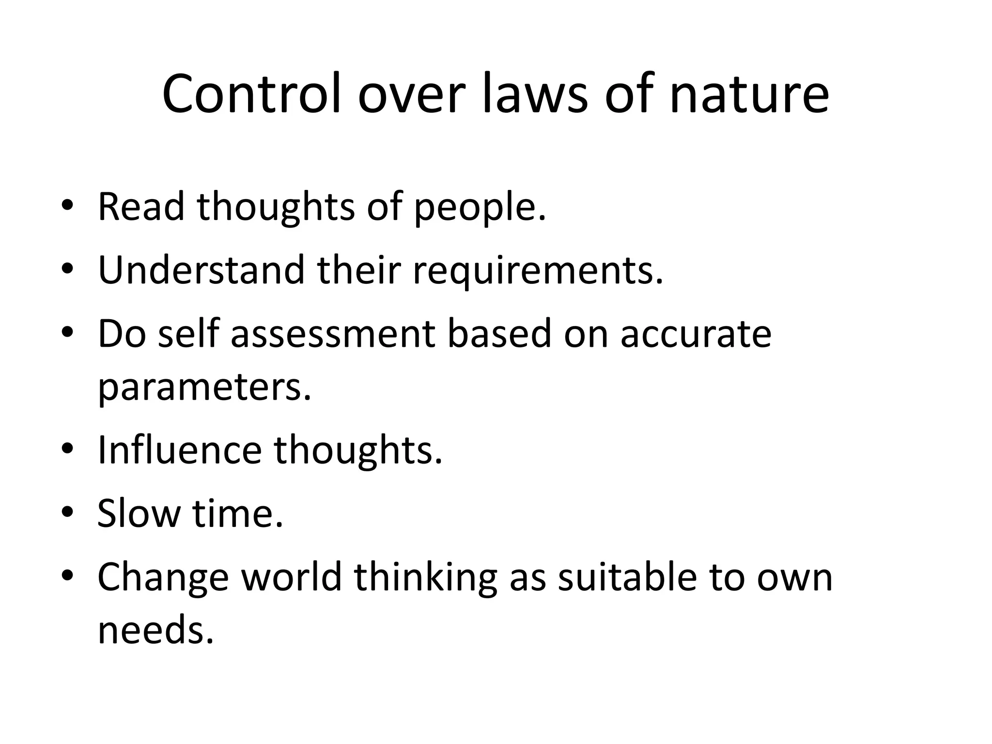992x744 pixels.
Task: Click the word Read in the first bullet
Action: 141,207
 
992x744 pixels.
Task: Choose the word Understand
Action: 201,270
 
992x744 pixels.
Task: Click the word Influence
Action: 180,450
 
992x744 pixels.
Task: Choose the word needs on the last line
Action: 155,630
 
